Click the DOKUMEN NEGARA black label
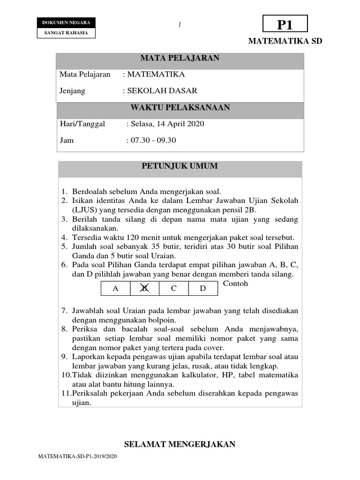click(x=66, y=22)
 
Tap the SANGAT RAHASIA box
click(x=66, y=33)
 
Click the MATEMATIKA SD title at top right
click(x=285, y=41)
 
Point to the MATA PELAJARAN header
click(x=180, y=59)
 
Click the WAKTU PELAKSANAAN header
click(x=180, y=108)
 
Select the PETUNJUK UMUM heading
click(x=180, y=166)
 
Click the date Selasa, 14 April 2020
click(x=167, y=124)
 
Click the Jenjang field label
click(x=72, y=91)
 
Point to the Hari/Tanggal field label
click(x=82, y=124)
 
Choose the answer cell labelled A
click(x=115, y=289)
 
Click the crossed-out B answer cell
click(x=144, y=289)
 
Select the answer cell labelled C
click(x=173, y=289)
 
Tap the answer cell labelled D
click(x=203, y=289)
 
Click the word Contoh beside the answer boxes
click(x=235, y=284)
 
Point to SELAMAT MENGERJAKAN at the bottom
click(x=180, y=444)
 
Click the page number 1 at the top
click(x=180, y=25)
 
